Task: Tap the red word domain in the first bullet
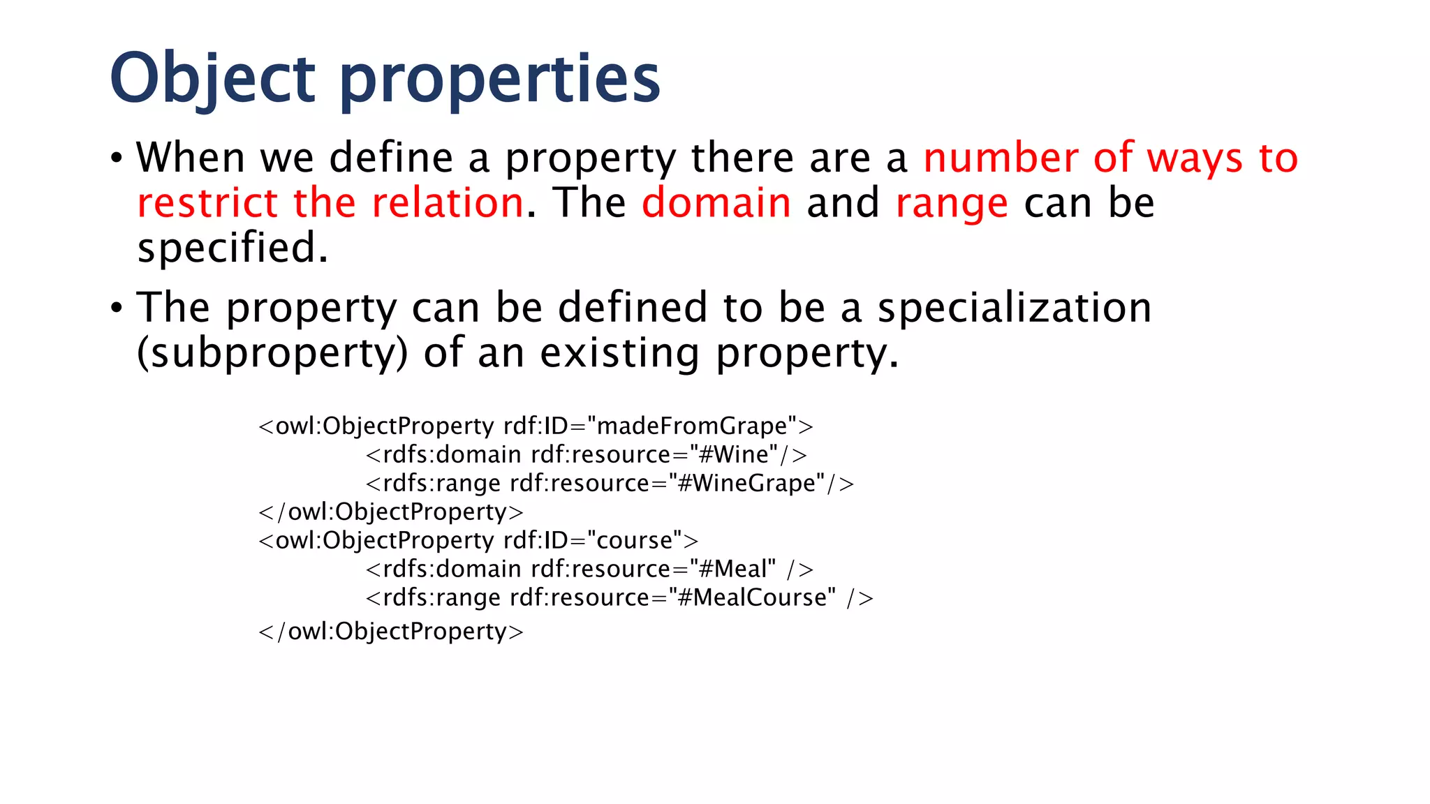716,202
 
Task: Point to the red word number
1000,157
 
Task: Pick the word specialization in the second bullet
1014,307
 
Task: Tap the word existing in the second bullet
619,353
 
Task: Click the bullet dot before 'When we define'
117,158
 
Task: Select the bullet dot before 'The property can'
117,308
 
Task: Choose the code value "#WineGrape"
746,483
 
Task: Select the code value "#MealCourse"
751,597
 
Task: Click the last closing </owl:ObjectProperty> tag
391,631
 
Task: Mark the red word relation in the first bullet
448,202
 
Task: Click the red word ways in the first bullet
1195,157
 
